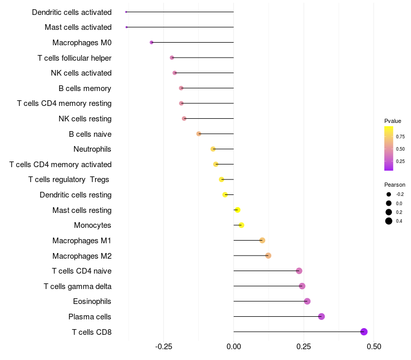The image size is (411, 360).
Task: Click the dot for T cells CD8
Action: [364, 332]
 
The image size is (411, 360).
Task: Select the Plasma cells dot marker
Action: [322, 316]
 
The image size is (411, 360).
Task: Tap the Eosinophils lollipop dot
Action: [307, 301]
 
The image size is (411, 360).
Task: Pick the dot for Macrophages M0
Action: [152, 42]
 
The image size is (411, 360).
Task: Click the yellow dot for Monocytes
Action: [241, 225]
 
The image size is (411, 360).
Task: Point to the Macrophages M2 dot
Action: [268, 256]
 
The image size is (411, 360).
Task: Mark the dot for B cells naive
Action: [199, 134]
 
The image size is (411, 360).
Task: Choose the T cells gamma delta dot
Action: [302, 286]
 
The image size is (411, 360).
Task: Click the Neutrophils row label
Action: [92, 149]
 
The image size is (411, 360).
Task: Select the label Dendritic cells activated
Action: [71, 12]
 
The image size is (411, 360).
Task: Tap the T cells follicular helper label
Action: [74, 58]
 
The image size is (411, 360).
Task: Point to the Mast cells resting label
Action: [82, 210]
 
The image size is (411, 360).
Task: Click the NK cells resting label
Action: [85, 119]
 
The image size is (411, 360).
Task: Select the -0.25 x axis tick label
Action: [163, 346]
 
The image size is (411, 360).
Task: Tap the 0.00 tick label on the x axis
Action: [234, 346]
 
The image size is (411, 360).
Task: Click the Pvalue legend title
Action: [393, 121]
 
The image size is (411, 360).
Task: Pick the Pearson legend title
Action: [395, 185]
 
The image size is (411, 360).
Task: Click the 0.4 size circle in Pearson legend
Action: [389, 221]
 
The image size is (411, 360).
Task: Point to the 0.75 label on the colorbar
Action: [400, 137]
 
